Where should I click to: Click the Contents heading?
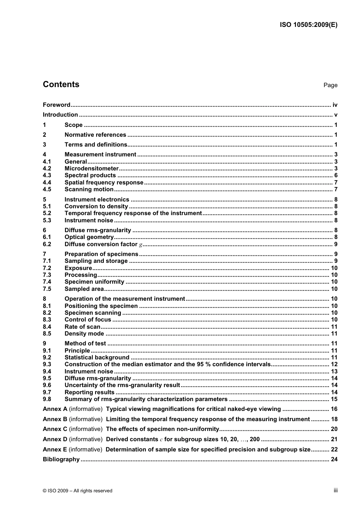[61, 84]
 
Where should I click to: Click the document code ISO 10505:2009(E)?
[308, 25]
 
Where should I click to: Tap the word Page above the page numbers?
[330, 85]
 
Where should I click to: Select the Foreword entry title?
[56, 105]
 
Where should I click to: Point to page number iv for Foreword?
[335, 105]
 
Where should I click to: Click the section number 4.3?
[47, 175]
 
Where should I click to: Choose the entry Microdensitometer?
[91, 169]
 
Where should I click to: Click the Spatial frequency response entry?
[104, 183]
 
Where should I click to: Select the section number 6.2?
[47, 244]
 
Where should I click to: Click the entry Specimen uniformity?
[94, 282]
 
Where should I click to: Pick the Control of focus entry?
[88, 320]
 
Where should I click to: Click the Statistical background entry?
[97, 358]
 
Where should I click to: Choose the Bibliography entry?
[61, 459]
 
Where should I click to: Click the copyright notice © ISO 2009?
[77, 491]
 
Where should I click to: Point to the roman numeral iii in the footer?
[335, 490]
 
